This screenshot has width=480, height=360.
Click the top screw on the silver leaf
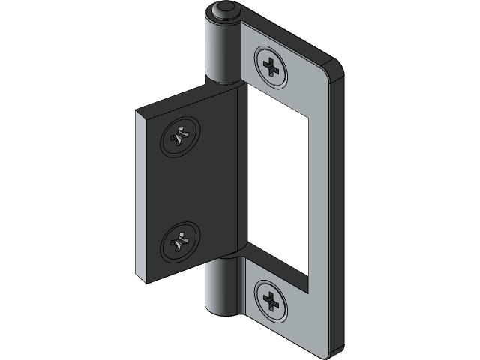click(x=271, y=65)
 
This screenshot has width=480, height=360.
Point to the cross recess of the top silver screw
click(x=271, y=65)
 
